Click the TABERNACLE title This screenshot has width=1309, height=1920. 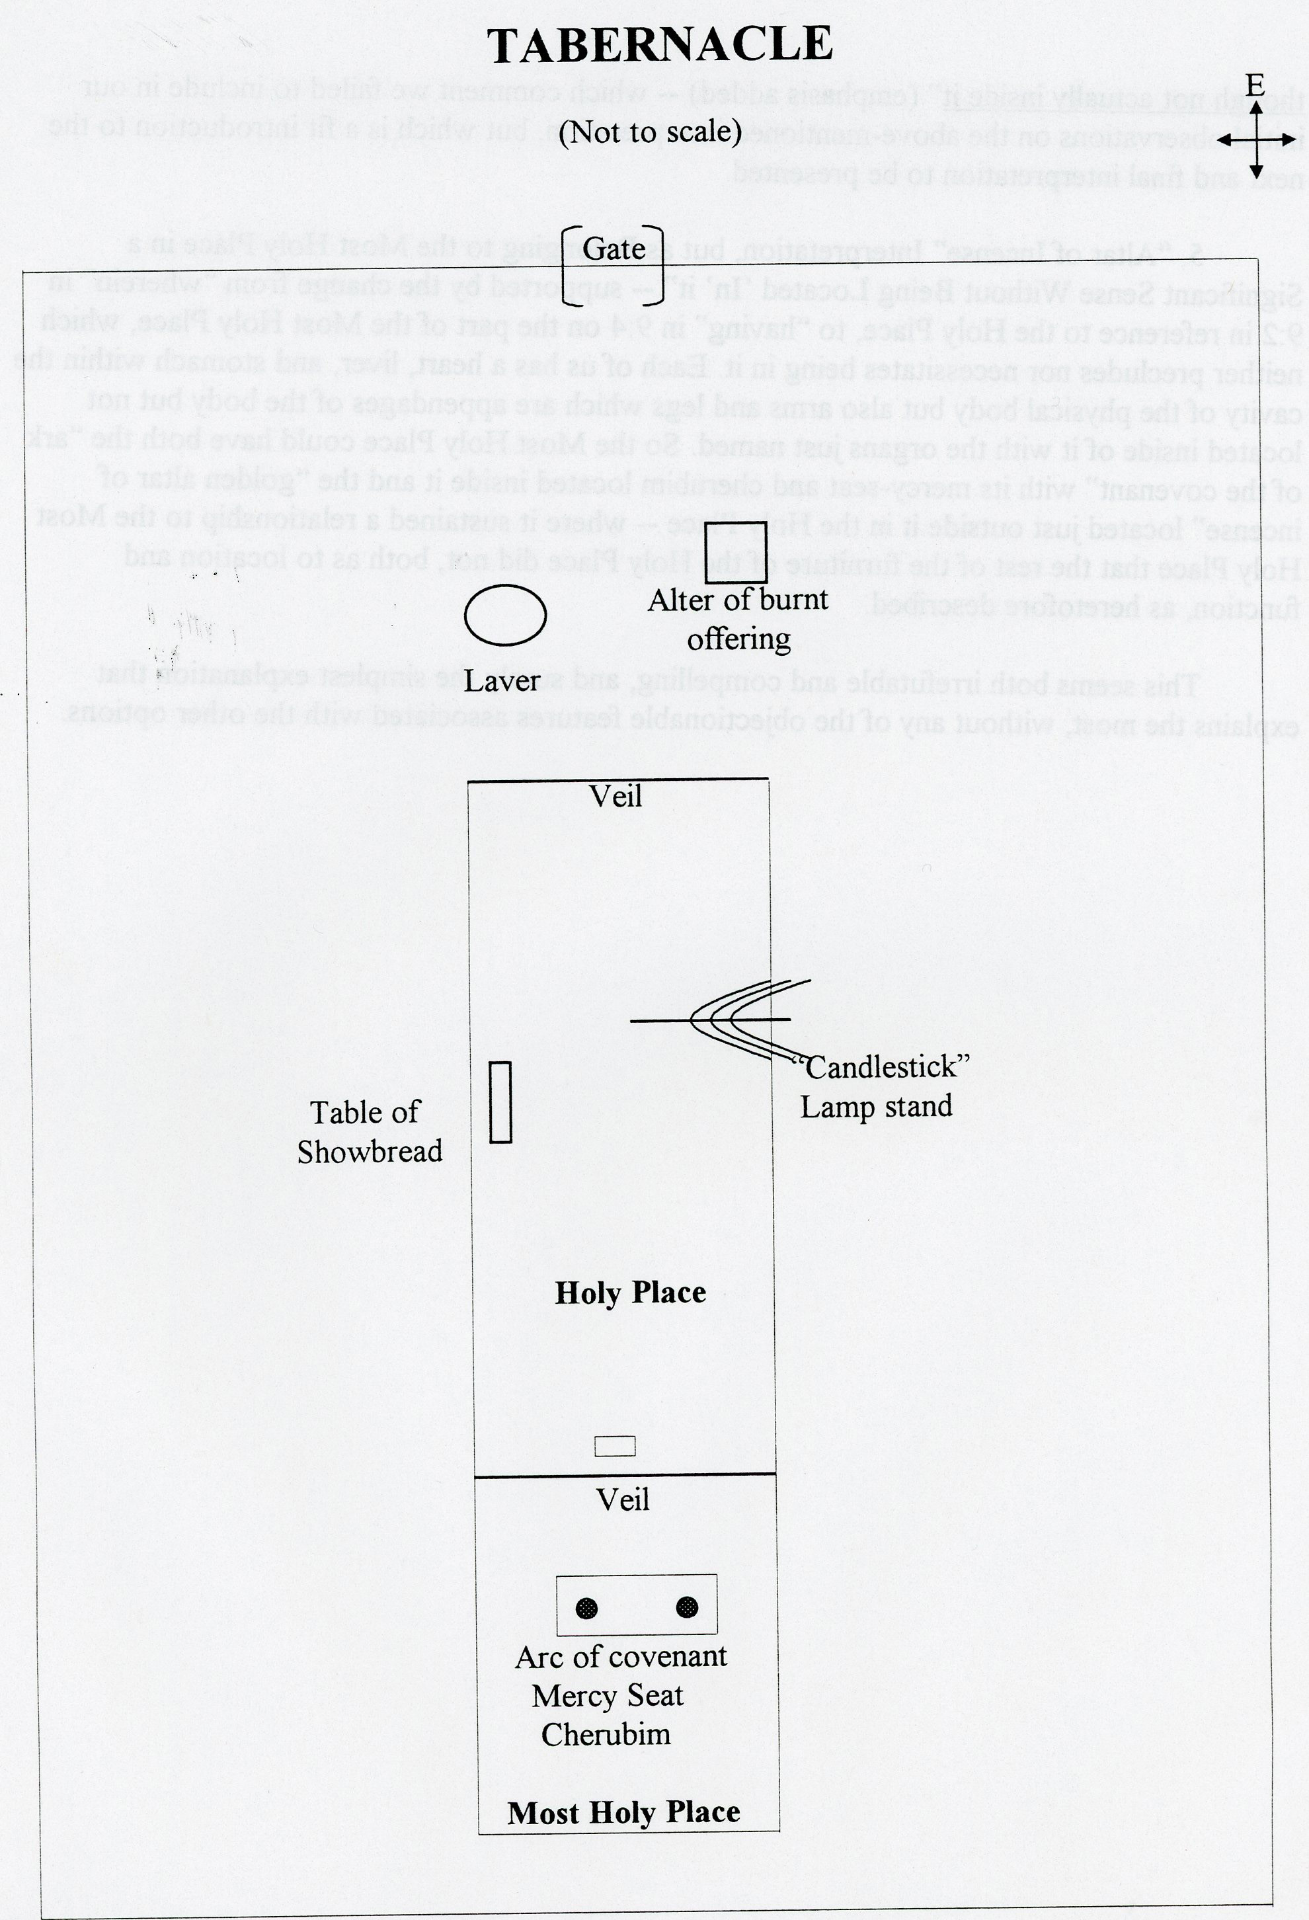pyautogui.click(x=659, y=46)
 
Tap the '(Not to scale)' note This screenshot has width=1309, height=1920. pyautogui.click(x=650, y=132)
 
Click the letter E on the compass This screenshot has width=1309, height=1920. pyautogui.click(x=1255, y=85)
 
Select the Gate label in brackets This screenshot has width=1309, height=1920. pyautogui.click(x=614, y=249)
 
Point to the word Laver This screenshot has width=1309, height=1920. pyautogui.click(x=501, y=681)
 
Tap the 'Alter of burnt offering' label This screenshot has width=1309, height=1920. pyautogui.click(x=738, y=619)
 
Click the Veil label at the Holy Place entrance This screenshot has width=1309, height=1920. pyautogui.click(x=616, y=797)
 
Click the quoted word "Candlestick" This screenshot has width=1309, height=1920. pyautogui.click(x=881, y=1066)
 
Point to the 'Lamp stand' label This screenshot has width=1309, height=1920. pyautogui.click(x=876, y=1106)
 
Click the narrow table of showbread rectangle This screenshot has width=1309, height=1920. pyautogui.click(x=500, y=1102)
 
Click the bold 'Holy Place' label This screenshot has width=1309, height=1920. pyautogui.click(x=630, y=1293)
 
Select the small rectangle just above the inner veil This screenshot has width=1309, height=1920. pyautogui.click(x=615, y=1446)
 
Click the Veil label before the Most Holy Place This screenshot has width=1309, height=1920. pyautogui.click(x=623, y=1500)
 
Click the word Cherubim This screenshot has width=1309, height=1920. pyautogui.click(x=606, y=1734)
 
